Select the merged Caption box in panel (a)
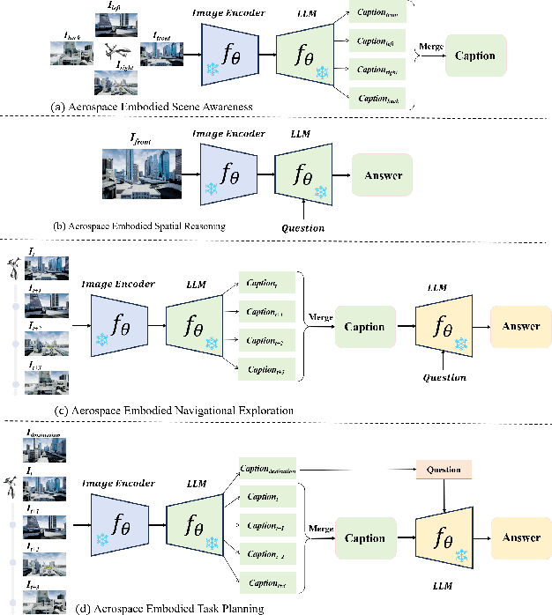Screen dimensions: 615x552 [x=476, y=55]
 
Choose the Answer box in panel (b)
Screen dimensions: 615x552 [x=383, y=175]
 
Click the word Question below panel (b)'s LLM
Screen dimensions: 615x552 [x=302, y=227]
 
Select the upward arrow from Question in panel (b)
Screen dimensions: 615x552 [x=302, y=211]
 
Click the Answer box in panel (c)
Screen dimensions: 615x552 [x=520, y=326]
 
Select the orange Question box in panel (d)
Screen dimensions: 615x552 [x=444, y=470]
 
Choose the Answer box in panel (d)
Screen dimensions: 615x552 [x=520, y=537]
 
